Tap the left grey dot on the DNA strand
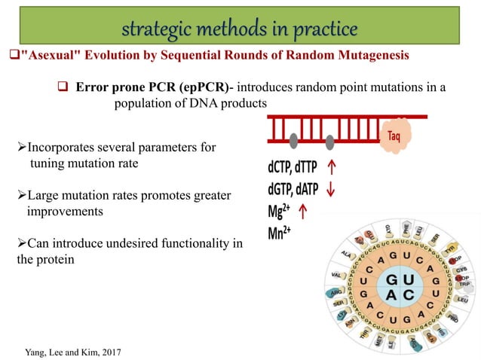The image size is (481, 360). pyautogui.click(x=293, y=139)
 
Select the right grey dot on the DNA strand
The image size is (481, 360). pyautogui.click(x=331, y=139)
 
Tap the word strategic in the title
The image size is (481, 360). pyautogui.click(x=155, y=30)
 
